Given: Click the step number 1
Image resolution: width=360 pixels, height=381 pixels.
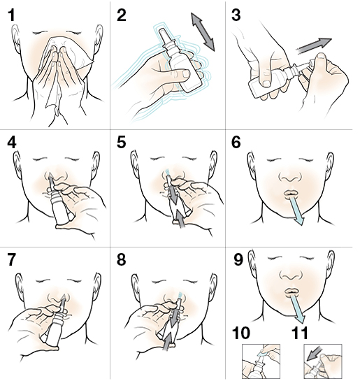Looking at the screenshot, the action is pos(11,15).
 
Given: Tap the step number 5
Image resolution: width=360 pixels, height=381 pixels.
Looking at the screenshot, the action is pos(121,142).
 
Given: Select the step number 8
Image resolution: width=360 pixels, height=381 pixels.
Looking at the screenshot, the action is pos(121,259).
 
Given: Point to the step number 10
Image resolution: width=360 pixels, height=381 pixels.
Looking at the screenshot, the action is pos(241,333).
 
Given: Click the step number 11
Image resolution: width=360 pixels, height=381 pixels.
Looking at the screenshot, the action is pos(300,333).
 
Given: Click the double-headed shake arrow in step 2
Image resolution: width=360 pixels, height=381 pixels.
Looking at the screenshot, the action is pos(203,32).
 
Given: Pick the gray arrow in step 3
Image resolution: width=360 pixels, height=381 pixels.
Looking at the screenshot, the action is pos(314,45).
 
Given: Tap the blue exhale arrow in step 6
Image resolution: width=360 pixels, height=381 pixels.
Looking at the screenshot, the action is pos(296,210).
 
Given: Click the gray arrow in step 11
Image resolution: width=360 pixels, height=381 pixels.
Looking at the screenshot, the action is pos(315,354).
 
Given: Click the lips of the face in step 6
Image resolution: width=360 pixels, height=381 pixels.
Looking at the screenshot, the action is pos(292,193).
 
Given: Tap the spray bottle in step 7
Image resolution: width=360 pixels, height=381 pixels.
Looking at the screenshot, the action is pos(55,326).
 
